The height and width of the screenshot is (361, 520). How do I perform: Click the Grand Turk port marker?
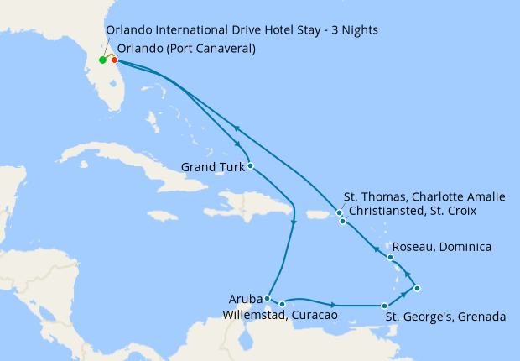251,166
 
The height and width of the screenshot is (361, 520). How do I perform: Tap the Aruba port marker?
267,298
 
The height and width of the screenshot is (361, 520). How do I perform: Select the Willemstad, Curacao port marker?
282,304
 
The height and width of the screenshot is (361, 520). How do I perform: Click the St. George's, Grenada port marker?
384,306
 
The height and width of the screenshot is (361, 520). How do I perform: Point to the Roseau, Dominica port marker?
391,257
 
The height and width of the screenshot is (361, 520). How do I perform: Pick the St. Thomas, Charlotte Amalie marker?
339,213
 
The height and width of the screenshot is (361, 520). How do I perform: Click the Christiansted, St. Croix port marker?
342,222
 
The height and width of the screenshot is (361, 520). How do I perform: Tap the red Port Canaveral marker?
114,60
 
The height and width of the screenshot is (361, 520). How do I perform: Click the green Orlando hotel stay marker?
102,60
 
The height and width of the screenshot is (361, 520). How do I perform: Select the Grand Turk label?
212,167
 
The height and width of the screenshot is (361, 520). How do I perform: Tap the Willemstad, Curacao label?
280,316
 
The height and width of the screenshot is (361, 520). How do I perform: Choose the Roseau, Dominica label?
441,248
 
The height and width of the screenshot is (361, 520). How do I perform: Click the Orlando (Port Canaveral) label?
186,49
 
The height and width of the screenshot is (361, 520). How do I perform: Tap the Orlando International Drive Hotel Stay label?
242,30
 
